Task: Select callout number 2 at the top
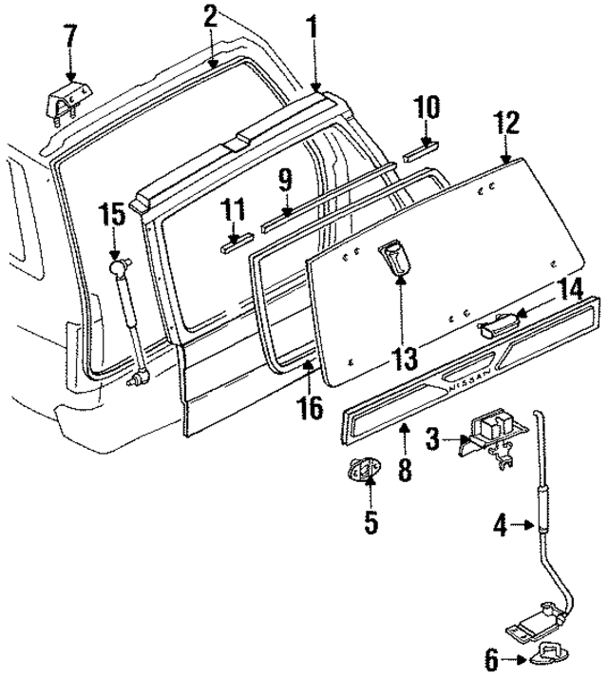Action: tap(210, 16)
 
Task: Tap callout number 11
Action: tap(233, 209)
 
